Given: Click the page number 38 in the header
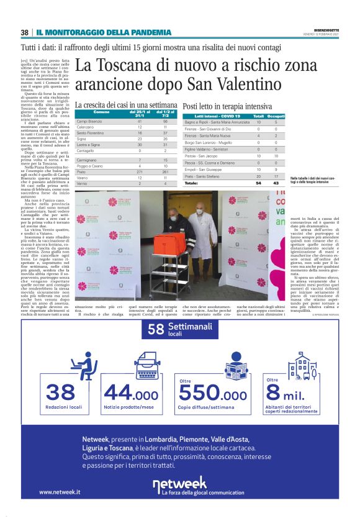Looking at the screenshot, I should (x=25, y=32).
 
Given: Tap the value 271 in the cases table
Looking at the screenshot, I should (x=140, y=154).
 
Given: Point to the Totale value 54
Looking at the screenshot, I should (x=259, y=183).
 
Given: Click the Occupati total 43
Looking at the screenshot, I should (x=276, y=183).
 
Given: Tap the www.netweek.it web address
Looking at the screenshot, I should (x=60, y=492).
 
